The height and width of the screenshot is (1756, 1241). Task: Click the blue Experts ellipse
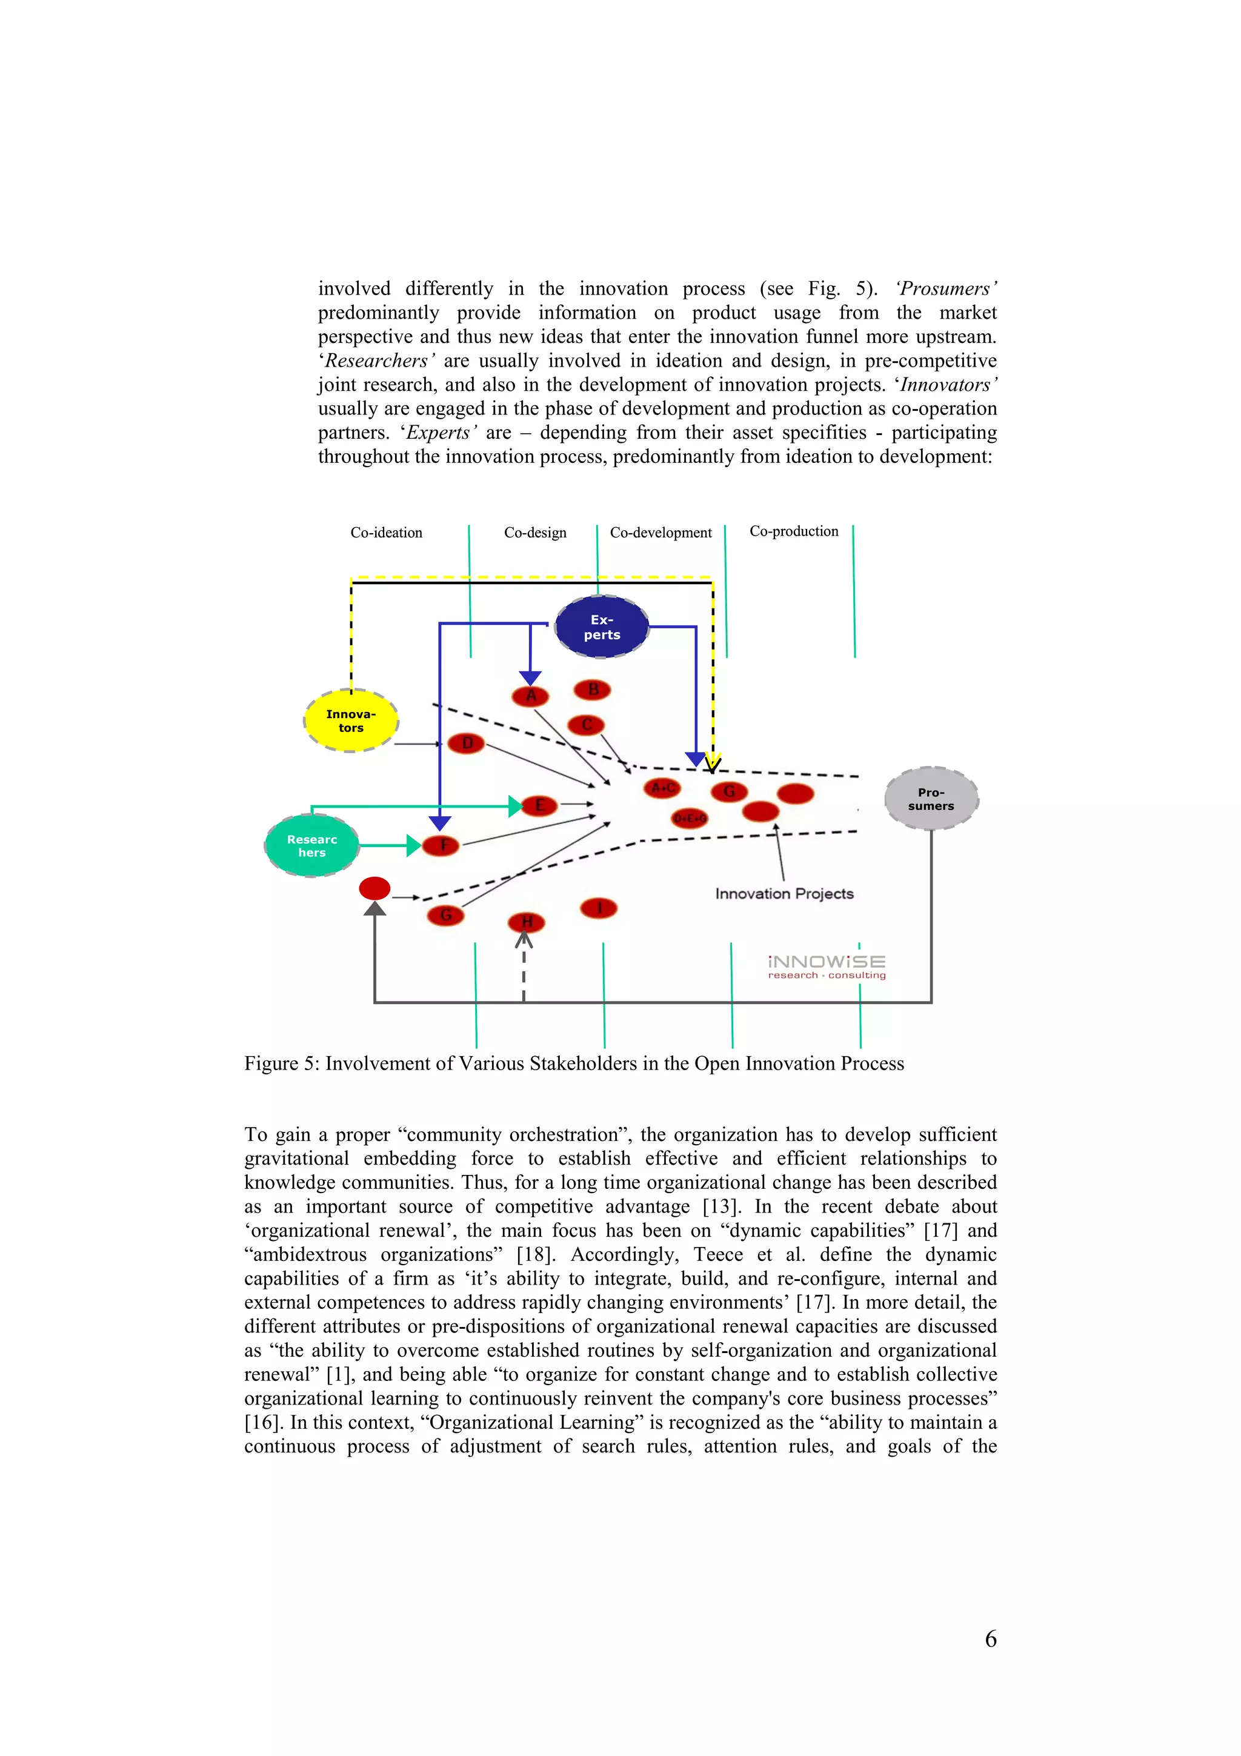click(x=602, y=627)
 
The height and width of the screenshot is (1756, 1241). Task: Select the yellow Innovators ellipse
click(x=351, y=720)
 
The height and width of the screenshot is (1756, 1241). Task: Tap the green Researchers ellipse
click(x=312, y=845)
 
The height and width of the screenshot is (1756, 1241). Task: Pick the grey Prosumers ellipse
click(x=931, y=799)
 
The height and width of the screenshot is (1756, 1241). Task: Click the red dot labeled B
click(x=593, y=690)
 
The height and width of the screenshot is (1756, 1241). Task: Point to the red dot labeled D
click(x=467, y=743)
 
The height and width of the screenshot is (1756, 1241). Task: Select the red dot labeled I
click(x=599, y=908)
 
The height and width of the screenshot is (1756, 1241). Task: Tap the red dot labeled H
click(x=526, y=922)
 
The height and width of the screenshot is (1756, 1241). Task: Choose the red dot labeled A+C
click(x=662, y=788)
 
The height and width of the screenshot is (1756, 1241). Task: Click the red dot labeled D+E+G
click(x=690, y=819)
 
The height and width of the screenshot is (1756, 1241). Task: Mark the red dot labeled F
click(x=441, y=845)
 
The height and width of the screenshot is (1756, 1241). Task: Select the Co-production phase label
click(x=794, y=531)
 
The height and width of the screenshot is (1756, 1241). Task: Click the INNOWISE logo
click(x=827, y=966)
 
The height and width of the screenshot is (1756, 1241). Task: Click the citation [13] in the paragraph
click(x=721, y=1206)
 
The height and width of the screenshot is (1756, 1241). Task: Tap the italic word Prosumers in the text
click(x=946, y=289)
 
